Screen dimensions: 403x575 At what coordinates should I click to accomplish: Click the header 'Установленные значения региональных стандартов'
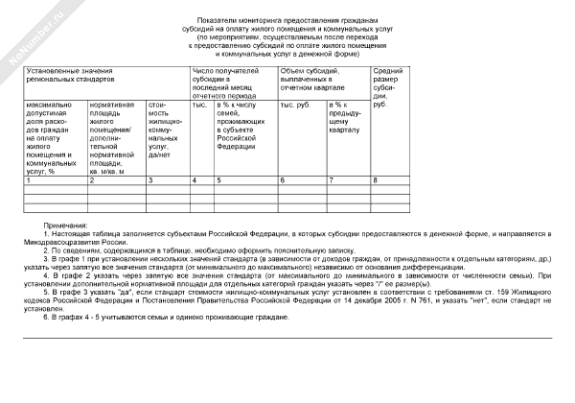click(72, 76)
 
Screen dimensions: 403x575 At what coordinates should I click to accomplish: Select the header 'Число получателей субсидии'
click(226, 83)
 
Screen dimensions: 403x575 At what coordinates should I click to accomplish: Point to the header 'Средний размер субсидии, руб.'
click(387, 87)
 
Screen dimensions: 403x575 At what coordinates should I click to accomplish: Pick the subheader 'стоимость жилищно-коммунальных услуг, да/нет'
click(165, 129)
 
